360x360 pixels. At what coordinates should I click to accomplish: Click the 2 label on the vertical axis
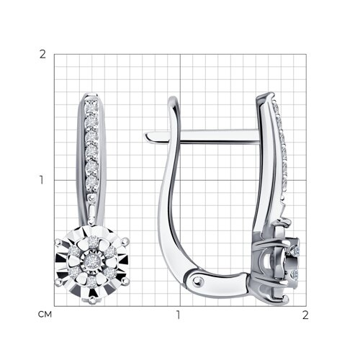point(42,55)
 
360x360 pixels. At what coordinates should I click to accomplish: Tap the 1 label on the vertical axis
point(42,180)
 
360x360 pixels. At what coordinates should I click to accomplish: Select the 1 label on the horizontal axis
point(178,315)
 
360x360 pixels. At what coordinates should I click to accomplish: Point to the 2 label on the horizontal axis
point(305,315)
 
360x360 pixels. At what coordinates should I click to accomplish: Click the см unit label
point(45,315)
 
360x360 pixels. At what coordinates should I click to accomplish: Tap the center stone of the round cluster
point(91,260)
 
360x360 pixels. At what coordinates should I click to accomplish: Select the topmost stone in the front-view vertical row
point(91,107)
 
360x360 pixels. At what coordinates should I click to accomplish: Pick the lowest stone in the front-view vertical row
point(91,183)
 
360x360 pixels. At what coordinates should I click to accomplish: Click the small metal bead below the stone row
point(91,197)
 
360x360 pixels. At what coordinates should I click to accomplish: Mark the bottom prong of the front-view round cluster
point(91,300)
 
